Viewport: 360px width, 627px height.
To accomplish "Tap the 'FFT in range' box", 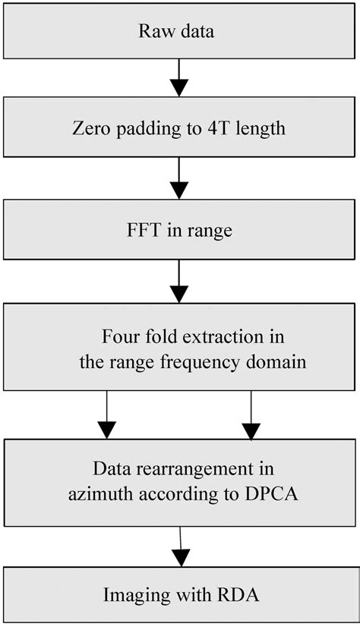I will (180, 230).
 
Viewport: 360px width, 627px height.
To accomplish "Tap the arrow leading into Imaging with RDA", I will (180, 545).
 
